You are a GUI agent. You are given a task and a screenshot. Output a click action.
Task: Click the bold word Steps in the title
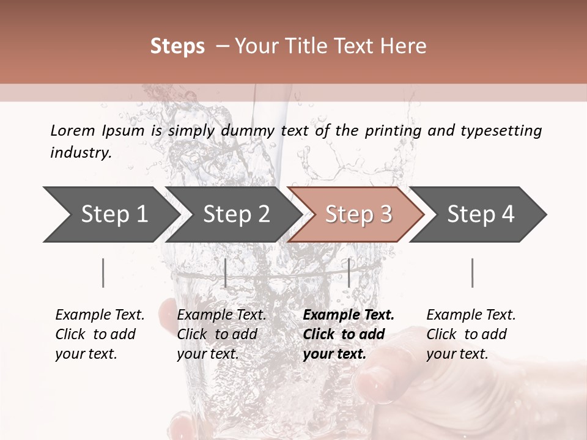[177, 46]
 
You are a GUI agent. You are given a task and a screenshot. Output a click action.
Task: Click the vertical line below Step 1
[103, 273]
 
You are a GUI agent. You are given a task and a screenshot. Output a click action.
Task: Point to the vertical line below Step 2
[226, 273]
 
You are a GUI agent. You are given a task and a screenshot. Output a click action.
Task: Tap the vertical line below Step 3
[349, 273]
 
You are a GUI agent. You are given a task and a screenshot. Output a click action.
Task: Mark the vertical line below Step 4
[472, 273]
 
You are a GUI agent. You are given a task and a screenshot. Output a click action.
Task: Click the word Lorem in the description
[72, 131]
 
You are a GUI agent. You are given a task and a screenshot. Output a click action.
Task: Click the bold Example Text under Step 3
[349, 315]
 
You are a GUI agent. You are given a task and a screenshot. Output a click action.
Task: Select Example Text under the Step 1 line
[100, 315]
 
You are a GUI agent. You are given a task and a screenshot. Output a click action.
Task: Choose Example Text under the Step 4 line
[471, 315]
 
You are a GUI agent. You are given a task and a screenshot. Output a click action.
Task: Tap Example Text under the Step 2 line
[221, 315]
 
